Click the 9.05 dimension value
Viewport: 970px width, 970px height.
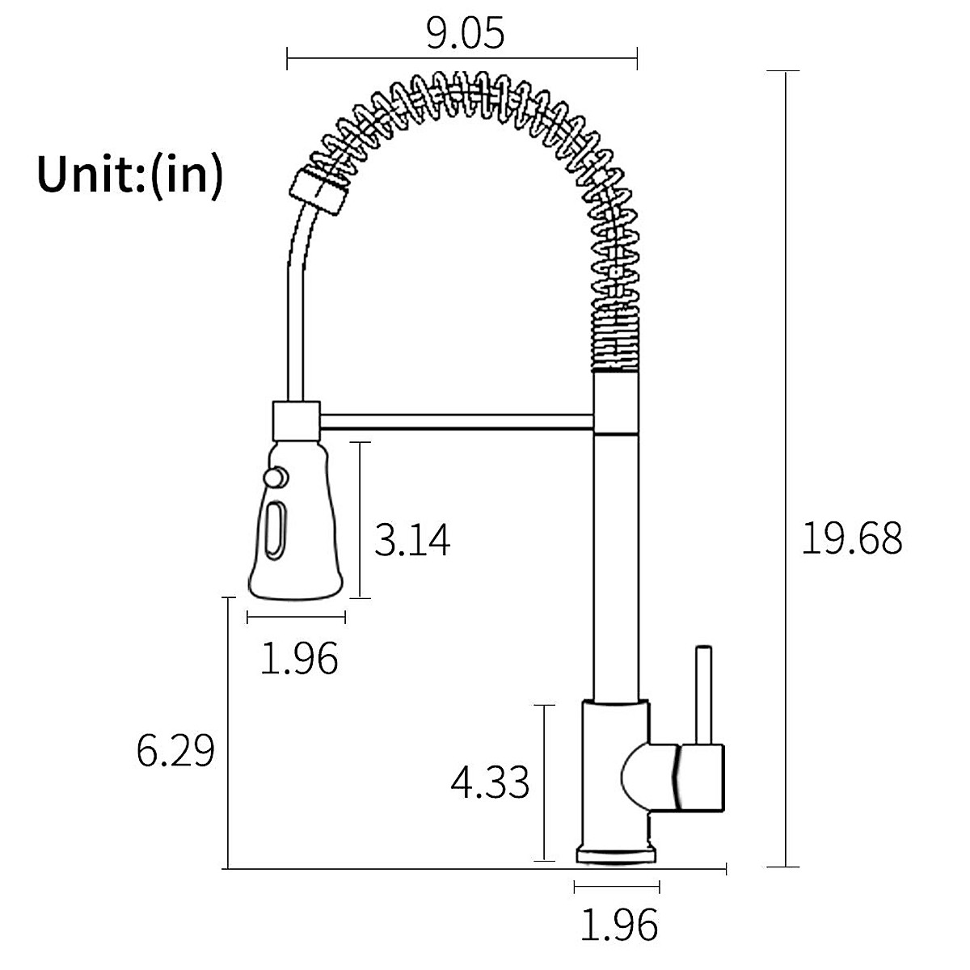[465, 34]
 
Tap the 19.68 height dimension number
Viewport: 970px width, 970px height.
[852, 538]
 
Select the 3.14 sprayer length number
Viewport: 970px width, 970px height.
[412, 540]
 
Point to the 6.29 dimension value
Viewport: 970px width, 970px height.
[175, 750]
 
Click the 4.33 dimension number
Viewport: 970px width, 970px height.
[490, 782]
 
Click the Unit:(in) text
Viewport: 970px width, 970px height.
[130, 174]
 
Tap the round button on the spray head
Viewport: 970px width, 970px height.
[276, 477]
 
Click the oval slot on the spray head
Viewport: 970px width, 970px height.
[276, 530]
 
